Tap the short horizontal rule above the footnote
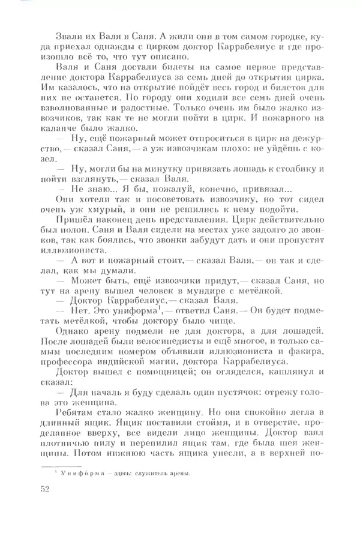(60, 466)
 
